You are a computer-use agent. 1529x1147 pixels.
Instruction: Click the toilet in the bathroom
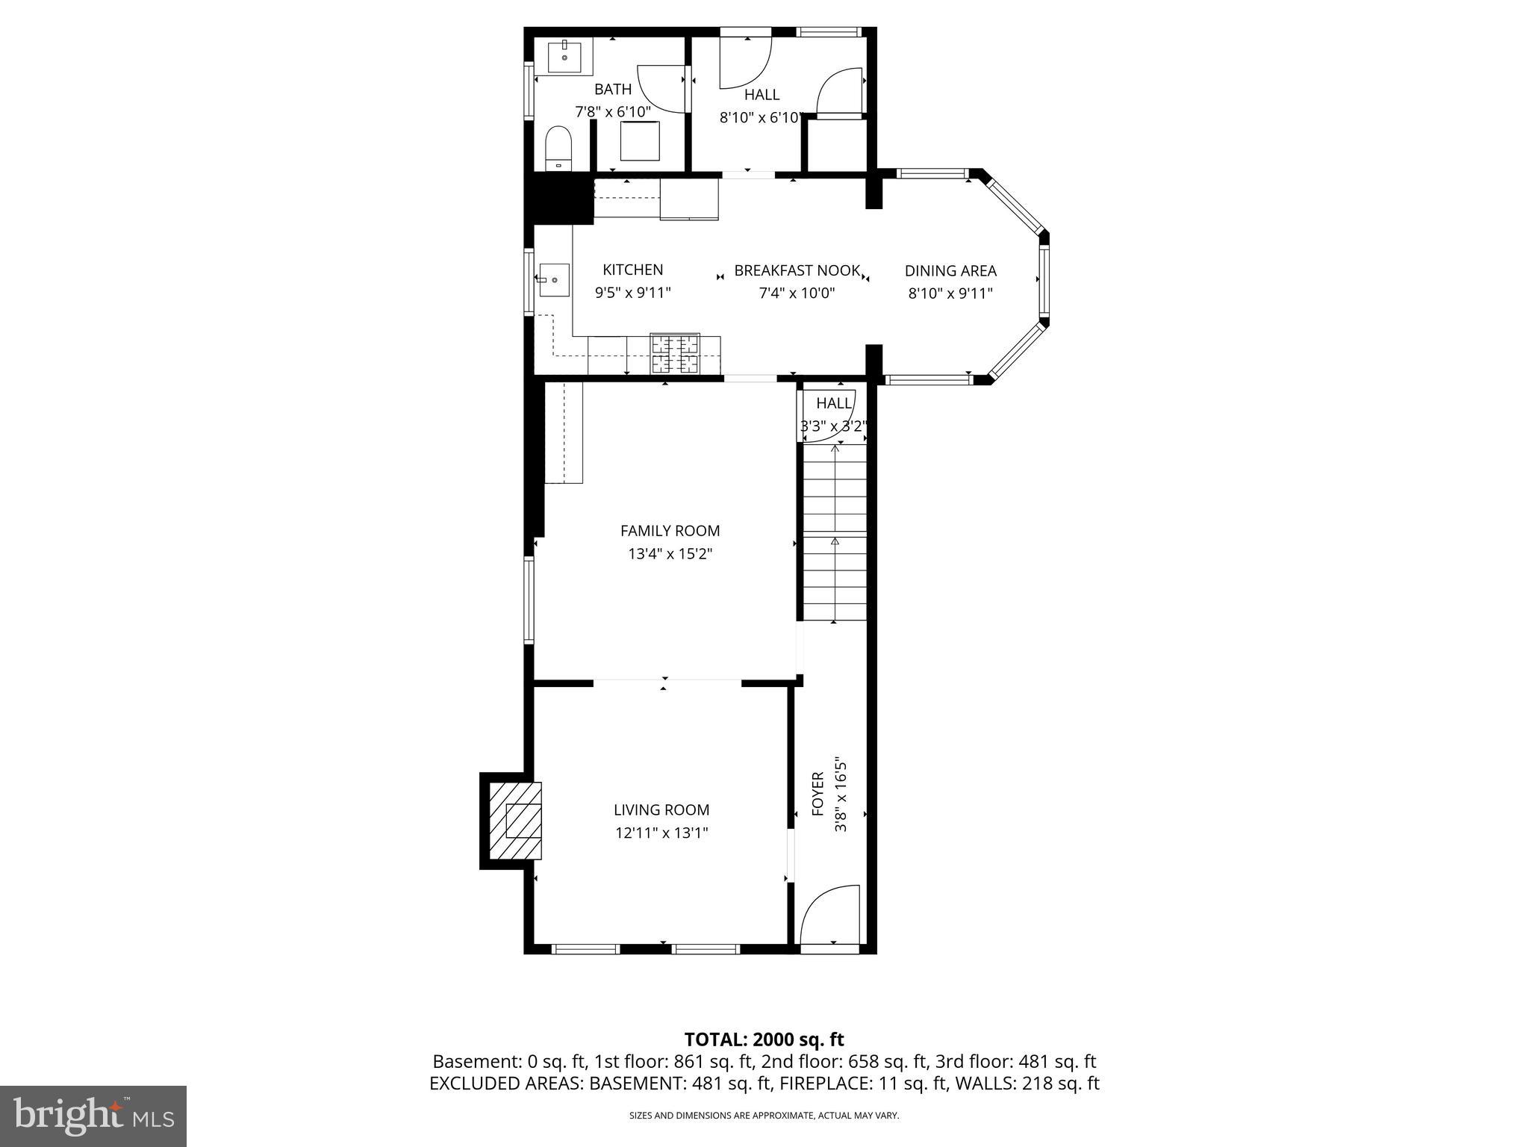(x=558, y=147)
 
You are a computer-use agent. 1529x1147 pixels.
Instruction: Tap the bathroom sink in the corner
(x=565, y=57)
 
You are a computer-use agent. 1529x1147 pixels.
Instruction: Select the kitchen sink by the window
(x=553, y=280)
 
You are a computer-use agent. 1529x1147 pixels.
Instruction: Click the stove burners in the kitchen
(x=675, y=354)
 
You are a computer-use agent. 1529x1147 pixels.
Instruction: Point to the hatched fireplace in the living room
(x=515, y=821)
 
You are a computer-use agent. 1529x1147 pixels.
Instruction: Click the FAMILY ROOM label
(x=670, y=531)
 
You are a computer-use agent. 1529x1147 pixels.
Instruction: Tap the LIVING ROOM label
(x=661, y=809)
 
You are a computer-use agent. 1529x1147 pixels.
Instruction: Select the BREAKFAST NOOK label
(x=797, y=270)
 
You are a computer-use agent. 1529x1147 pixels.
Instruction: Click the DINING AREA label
(x=950, y=271)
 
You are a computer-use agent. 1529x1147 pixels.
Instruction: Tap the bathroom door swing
(x=661, y=88)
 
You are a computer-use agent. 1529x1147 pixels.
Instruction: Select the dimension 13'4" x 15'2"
(x=670, y=554)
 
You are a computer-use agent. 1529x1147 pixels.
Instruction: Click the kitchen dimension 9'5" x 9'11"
(x=632, y=293)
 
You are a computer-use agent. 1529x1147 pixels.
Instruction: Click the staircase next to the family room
(x=835, y=532)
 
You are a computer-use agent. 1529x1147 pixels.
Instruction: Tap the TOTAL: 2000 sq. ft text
(x=764, y=1039)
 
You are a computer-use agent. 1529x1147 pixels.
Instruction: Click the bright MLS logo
(x=93, y=1116)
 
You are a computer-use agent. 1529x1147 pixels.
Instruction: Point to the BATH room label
(x=612, y=90)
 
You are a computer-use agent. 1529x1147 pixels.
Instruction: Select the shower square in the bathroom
(x=640, y=141)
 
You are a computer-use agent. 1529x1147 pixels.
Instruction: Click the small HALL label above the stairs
(x=833, y=403)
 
